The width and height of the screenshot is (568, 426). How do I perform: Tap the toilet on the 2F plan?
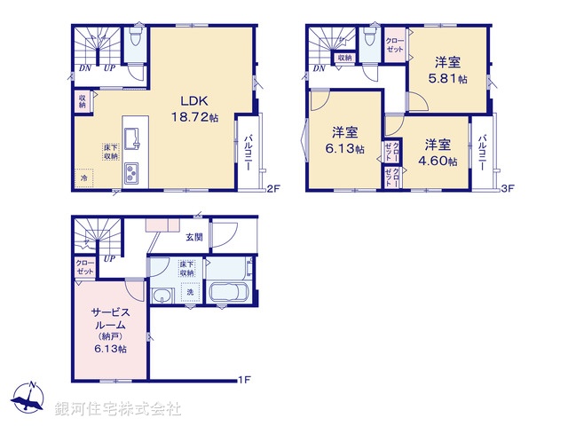point(135,38)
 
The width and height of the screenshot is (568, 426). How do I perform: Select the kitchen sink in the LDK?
point(131,138)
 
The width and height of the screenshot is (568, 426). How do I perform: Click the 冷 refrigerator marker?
point(85,178)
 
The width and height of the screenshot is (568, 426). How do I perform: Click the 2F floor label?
point(273,189)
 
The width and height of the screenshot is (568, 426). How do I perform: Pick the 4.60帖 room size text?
point(440,152)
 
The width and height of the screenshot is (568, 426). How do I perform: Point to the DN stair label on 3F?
point(319,68)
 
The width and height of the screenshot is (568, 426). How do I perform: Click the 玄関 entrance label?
point(194,237)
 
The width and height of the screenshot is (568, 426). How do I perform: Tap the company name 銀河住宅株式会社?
point(118,409)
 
